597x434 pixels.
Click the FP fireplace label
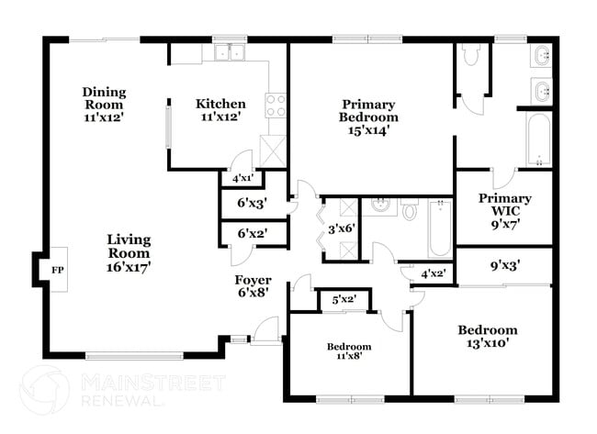pyautogui.click(x=57, y=270)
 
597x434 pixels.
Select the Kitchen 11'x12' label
pyautogui.click(x=220, y=110)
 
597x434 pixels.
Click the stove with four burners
pyautogui.click(x=275, y=106)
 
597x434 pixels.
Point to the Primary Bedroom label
pyautogui.click(x=369, y=117)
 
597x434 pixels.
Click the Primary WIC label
pyautogui.click(x=505, y=210)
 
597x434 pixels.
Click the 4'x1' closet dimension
pyautogui.click(x=242, y=178)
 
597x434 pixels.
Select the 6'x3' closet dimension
pyautogui.click(x=252, y=203)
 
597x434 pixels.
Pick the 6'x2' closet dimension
pyautogui.click(x=252, y=233)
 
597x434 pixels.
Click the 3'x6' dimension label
pyautogui.click(x=341, y=228)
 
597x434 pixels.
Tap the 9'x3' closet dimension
pyautogui.click(x=505, y=266)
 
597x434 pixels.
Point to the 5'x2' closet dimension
pyautogui.click(x=344, y=298)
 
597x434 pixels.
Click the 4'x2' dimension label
pyautogui.click(x=433, y=273)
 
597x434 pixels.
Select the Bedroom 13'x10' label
pyautogui.click(x=487, y=336)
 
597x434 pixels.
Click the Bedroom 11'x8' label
pyautogui.click(x=350, y=352)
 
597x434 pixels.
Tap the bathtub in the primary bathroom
pyautogui.click(x=537, y=139)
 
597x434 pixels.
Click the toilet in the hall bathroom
pyautogui.click(x=410, y=212)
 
